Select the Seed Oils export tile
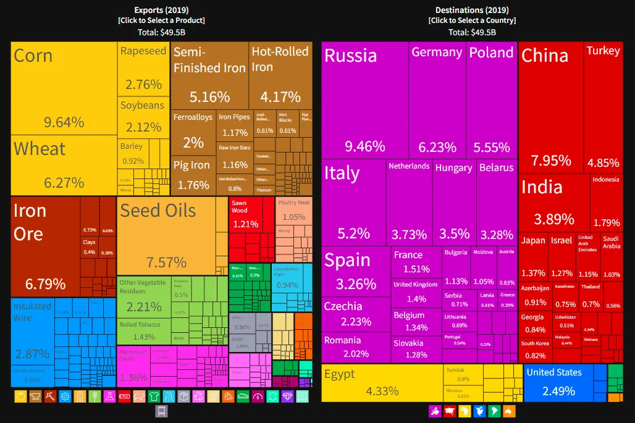pos(166,235)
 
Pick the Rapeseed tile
pos(143,68)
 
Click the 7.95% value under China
pos(546,161)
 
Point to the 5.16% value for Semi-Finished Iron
pos(209,97)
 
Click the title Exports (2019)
pos(161,10)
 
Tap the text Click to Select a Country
pos(472,20)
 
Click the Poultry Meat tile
pos(293,210)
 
